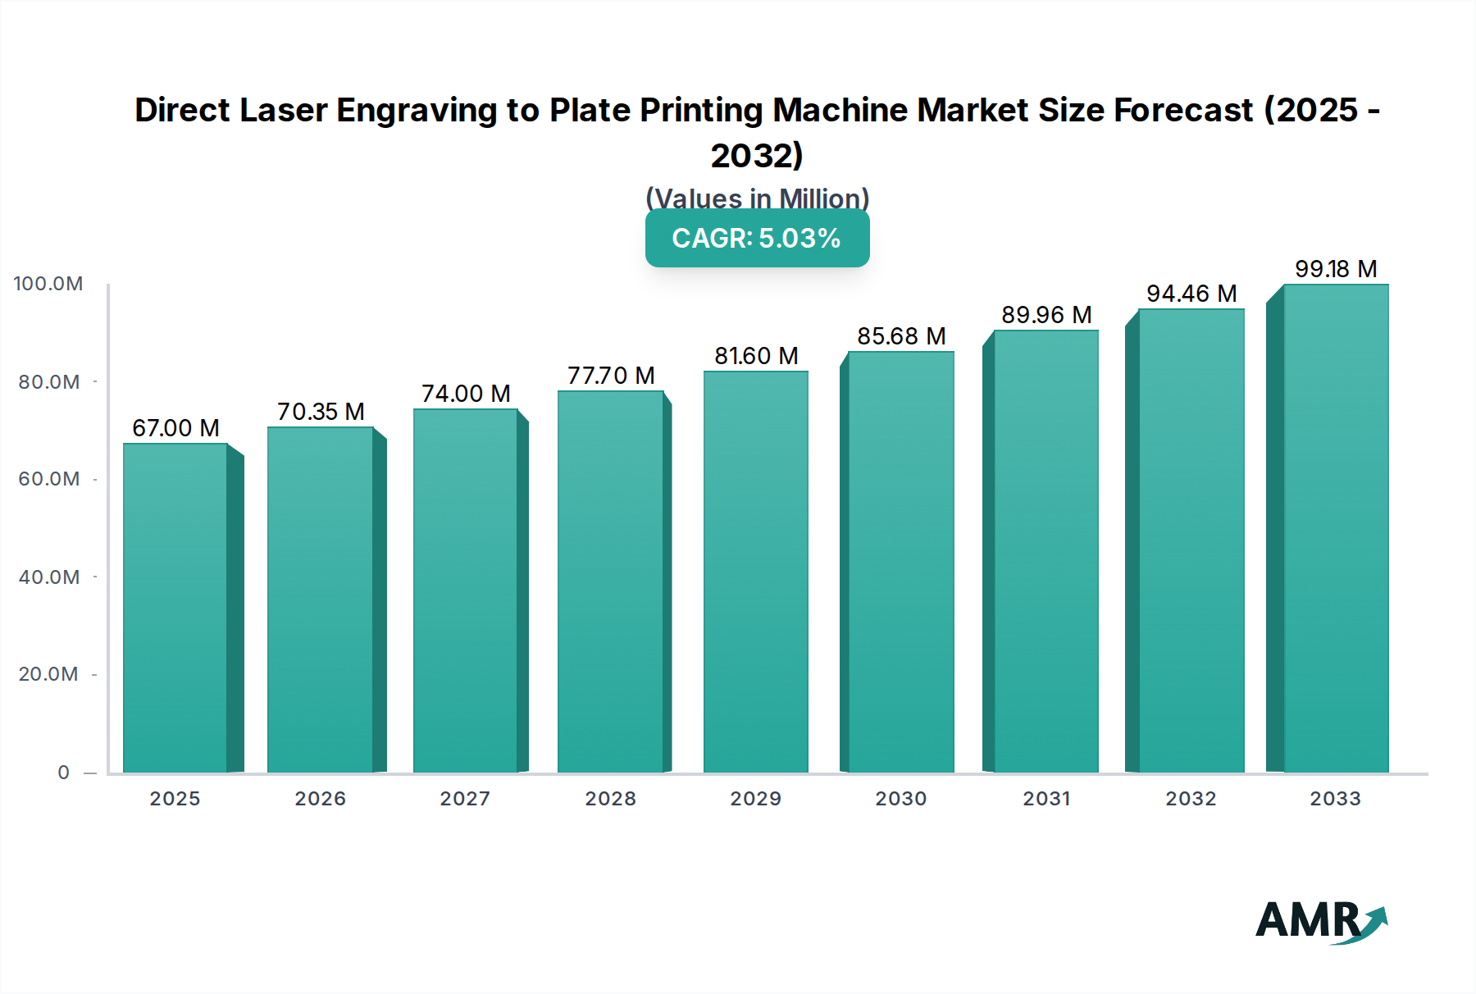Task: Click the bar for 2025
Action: point(175,607)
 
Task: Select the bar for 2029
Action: point(755,572)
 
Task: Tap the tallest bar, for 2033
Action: point(1335,528)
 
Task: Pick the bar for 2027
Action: point(465,590)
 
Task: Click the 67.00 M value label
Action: point(175,428)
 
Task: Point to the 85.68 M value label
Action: point(901,336)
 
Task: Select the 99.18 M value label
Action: point(1335,269)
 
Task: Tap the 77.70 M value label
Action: point(611,376)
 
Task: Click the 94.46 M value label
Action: point(1191,294)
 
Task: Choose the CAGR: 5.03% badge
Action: point(757,238)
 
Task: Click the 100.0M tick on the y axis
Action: point(48,284)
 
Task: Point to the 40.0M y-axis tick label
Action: point(49,577)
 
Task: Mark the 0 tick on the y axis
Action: point(63,773)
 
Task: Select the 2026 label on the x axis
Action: point(320,799)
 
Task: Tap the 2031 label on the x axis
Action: point(1046,799)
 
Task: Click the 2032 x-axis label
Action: point(1191,799)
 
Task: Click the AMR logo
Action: point(1320,921)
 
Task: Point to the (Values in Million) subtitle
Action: point(757,198)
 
